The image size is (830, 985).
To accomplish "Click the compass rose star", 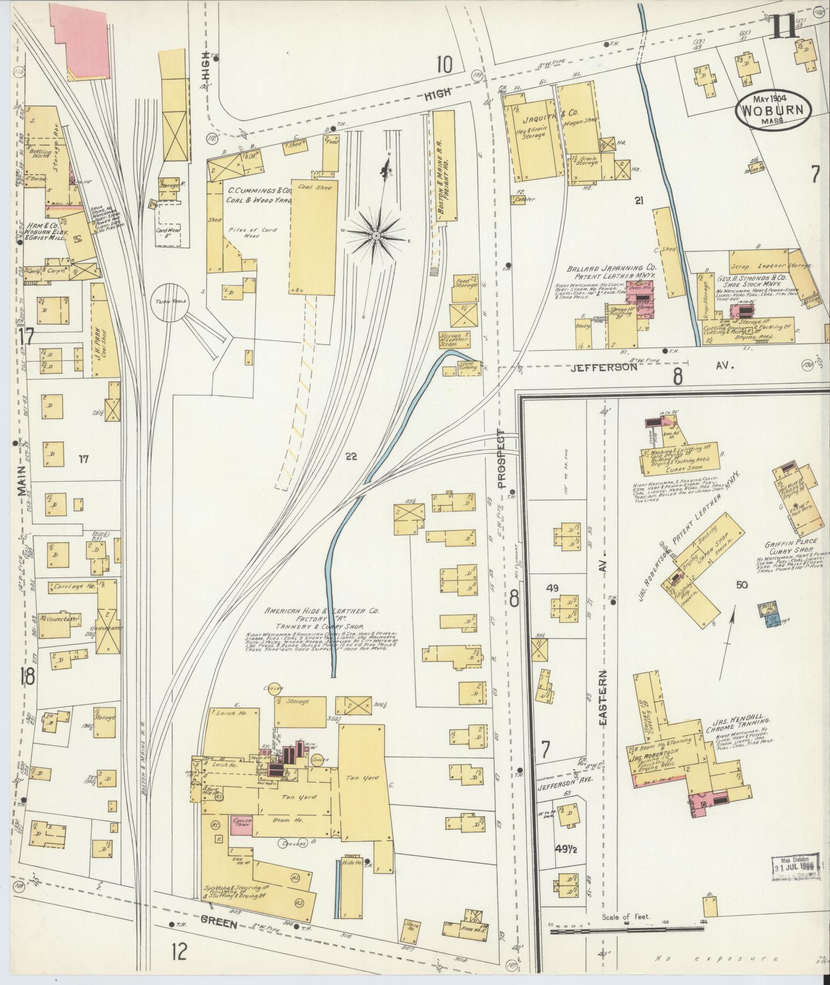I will click(x=376, y=235).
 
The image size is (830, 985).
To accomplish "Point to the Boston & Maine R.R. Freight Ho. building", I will click(x=443, y=166).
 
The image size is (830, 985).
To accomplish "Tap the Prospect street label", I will click(x=503, y=458).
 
